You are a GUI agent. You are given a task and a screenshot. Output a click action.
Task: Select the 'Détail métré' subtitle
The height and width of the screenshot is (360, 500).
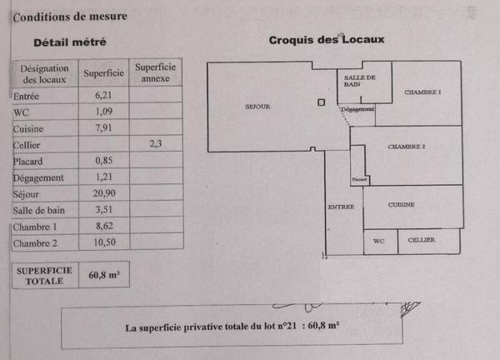70,42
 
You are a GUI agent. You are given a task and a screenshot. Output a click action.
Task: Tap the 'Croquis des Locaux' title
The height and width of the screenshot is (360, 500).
326,41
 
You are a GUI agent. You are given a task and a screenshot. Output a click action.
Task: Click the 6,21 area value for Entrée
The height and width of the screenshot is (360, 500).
104,96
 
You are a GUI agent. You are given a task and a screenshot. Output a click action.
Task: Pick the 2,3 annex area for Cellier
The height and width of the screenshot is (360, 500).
155,143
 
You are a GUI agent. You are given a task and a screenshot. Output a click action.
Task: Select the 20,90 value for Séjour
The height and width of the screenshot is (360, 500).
104,193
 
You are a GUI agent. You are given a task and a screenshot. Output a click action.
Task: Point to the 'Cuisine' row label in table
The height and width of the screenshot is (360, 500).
29,128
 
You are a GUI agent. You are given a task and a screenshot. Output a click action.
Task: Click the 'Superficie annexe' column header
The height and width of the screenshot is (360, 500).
155,72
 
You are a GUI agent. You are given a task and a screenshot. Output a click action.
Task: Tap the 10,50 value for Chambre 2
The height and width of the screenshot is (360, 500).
104,242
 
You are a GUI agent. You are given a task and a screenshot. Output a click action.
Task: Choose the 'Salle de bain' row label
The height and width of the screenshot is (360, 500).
37,210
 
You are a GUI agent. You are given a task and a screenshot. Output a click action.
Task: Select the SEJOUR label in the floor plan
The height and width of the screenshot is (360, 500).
258,107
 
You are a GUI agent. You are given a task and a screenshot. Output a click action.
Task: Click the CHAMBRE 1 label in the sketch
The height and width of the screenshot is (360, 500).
422,92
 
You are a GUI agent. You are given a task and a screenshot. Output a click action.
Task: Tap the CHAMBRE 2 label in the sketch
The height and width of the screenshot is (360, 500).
407,147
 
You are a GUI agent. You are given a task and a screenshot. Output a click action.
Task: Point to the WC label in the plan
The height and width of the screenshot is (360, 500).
379,241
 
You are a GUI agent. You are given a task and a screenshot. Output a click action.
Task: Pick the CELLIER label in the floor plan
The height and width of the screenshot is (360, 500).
422,240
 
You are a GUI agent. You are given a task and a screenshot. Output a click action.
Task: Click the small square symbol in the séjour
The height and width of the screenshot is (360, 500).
321,102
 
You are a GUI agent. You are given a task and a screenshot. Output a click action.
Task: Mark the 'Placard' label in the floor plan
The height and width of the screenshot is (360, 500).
359,179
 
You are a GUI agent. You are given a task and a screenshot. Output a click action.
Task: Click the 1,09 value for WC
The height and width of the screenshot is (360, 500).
104,112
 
